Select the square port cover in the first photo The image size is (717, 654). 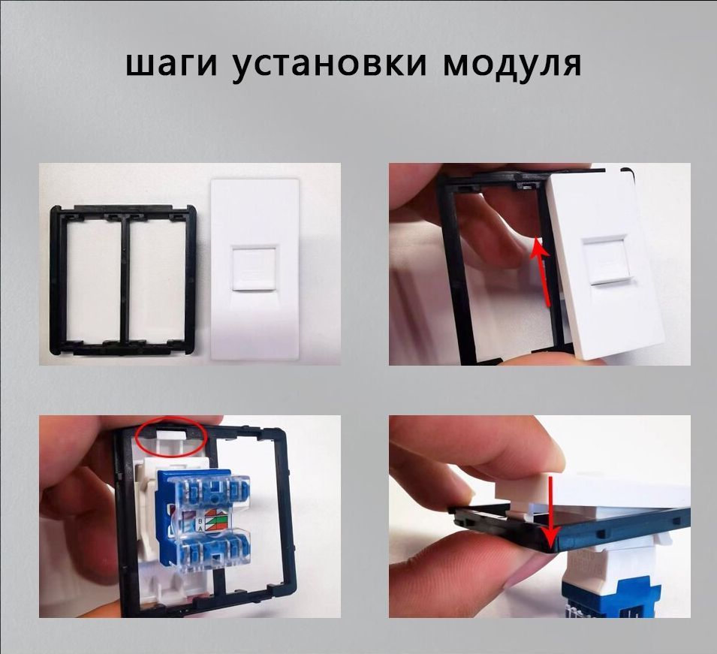254,266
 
